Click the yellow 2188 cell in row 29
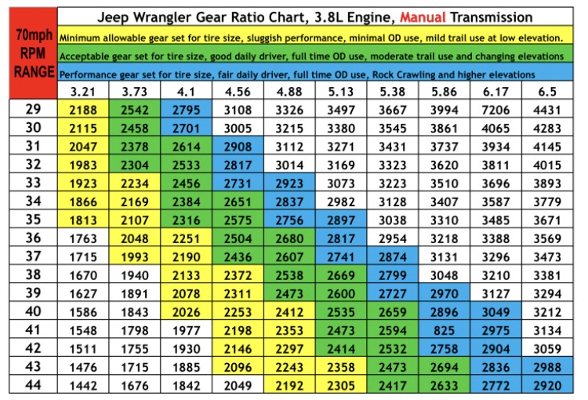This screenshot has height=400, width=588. pyautogui.click(x=83, y=109)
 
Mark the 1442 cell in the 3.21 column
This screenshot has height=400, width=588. pyautogui.click(x=83, y=385)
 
